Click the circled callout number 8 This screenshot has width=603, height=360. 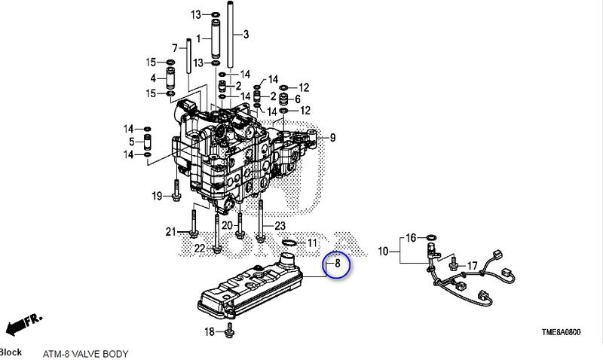(338, 264)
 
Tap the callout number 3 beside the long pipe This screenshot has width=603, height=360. (246, 35)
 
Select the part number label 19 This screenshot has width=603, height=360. (157, 197)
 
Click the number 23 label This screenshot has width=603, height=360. (280, 226)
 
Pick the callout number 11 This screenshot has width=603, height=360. (312, 243)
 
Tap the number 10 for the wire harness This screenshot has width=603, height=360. (383, 251)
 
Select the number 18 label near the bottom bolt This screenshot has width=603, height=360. (210, 332)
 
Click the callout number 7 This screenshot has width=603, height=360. (174, 48)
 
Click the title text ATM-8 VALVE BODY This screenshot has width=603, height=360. (85, 353)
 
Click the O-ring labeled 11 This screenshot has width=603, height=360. (289, 243)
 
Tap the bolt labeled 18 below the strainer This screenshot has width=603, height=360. (229, 332)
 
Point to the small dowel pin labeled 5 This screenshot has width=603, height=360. (148, 142)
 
